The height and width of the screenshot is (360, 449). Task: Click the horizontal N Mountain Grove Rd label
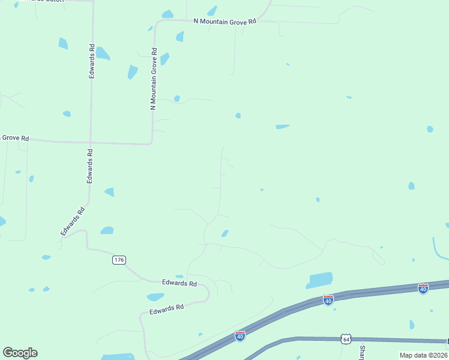pos(225,20)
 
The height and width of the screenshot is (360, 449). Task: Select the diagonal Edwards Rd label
pos(72,220)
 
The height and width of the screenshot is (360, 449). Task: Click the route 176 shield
pos(119,260)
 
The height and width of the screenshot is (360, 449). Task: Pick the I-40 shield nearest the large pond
pos(328,299)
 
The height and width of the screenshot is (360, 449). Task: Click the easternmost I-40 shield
pos(423,289)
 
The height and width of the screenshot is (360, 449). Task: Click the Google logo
pos(20,353)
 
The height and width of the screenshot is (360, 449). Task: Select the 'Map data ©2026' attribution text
pos(423,355)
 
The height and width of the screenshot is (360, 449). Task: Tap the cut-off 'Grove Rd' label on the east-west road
pos(14,137)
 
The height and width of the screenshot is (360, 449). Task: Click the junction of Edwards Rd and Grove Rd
pos(91,143)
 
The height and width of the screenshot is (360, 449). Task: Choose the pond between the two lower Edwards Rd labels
pos(155,297)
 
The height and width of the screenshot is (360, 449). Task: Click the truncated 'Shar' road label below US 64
pos(362,352)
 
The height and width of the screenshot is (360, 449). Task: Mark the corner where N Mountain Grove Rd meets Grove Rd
pos(151,143)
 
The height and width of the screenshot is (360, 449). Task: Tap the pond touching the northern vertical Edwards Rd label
pos(103,53)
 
